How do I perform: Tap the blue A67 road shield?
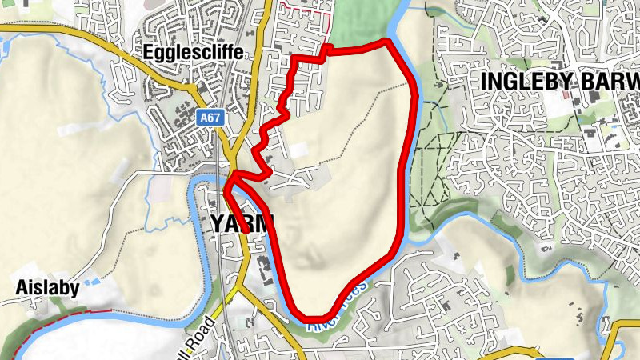pyautogui.click(x=210, y=118)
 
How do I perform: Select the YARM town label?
pyautogui.click(x=241, y=223)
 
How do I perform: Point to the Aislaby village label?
pyautogui.click(x=47, y=289)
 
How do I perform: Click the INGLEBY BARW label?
pyautogui.click(x=561, y=82)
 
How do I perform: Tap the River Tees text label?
pyautogui.click(x=337, y=308)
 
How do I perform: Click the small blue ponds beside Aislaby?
pyautogui.click(x=92, y=281)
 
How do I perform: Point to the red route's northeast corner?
pyautogui.click(x=389, y=41)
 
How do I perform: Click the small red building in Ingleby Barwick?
pyautogui.click(x=566, y=94)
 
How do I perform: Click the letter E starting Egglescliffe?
pyautogui.click(x=149, y=52)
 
